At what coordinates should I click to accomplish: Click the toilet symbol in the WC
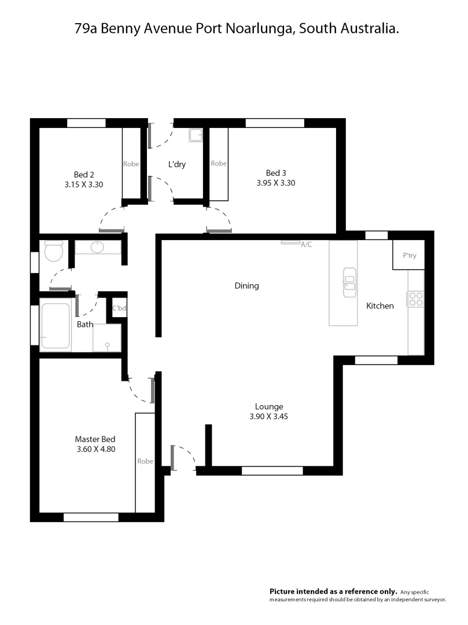pyautogui.click(x=53, y=252)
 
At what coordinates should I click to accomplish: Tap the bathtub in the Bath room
pyautogui.click(x=56, y=326)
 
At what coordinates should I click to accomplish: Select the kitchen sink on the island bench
pyautogui.click(x=349, y=282)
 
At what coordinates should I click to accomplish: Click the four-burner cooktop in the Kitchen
pyautogui.click(x=416, y=299)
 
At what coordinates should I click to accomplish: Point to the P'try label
pyautogui.click(x=409, y=256)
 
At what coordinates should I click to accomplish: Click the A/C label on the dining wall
pyautogui.click(x=306, y=245)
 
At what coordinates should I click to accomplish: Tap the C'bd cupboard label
pyautogui.click(x=119, y=308)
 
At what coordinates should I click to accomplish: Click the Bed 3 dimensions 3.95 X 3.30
pyautogui.click(x=276, y=182)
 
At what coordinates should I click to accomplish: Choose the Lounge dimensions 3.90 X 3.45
pyautogui.click(x=269, y=416)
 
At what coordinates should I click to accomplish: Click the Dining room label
pyautogui.click(x=246, y=285)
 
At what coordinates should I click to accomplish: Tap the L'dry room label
pyautogui.click(x=176, y=164)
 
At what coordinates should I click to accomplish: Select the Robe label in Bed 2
pyautogui.click(x=131, y=164)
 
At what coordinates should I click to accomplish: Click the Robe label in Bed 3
pyautogui.click(x=219, y=163)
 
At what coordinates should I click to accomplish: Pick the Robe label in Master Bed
pyautogui.click(x=145, y=461)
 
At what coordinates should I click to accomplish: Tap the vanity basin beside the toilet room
pyautogui.click(x=98, y=248)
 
